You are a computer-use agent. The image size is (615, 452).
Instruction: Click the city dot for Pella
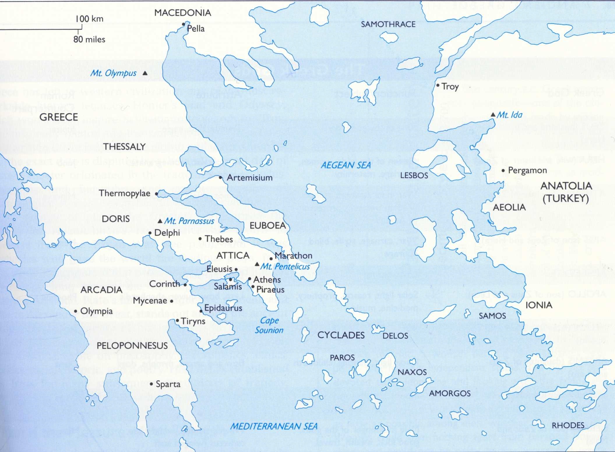click(184, 24)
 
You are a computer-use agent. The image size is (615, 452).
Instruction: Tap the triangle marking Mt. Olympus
click(145, 73)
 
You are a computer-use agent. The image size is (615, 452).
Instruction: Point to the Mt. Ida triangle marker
click(493, 115)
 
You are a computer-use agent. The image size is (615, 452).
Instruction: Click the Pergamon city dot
click(503, 171)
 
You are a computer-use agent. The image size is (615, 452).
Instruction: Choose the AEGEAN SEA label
click(346, 165)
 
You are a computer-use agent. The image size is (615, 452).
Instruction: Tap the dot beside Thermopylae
click(156, 194)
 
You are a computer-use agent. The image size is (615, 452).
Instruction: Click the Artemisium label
click(249, 178)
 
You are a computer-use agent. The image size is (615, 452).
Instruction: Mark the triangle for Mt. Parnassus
click(160, 221)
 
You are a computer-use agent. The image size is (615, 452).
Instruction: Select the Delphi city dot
click(150, 233)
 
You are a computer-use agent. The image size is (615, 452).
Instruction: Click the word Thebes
click(219, 239)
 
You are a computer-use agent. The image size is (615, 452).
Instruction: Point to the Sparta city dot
click(151, 384)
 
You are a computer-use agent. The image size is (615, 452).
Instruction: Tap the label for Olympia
click(96, 311)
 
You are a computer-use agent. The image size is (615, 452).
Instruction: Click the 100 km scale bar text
click(89, 19)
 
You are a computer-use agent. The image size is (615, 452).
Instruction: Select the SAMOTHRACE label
click(388, 24)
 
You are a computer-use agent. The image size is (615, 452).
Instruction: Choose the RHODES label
click(568, 426)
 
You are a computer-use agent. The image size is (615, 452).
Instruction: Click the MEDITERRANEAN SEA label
click(274, 426)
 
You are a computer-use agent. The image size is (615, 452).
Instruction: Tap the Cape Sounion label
click(269, 325)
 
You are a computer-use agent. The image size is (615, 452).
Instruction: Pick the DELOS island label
click(395, 336)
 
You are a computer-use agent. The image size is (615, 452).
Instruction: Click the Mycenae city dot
click(172, 301)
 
